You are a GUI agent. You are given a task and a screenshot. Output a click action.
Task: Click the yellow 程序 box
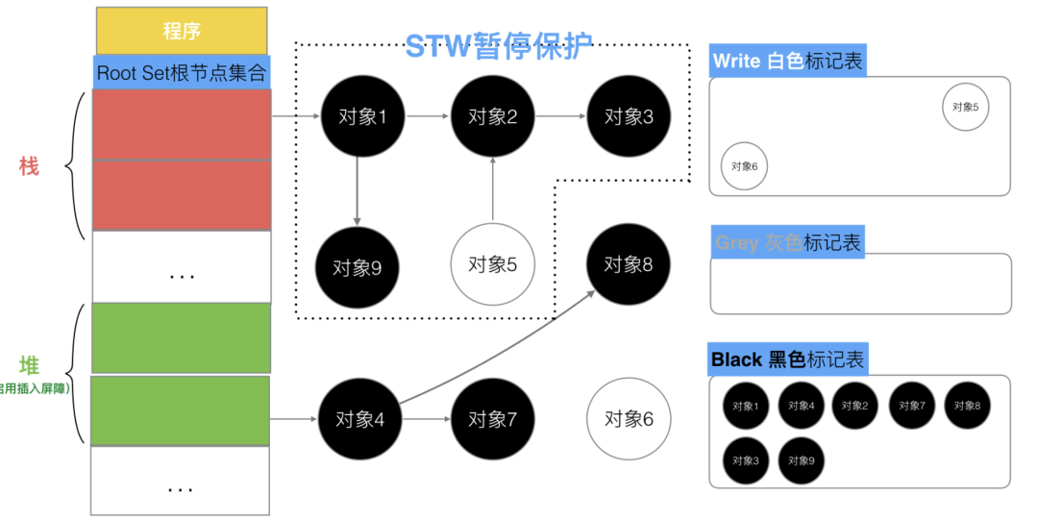(x=182, y=31)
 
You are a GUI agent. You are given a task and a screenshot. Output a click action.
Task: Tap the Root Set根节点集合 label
(x=182, y=73)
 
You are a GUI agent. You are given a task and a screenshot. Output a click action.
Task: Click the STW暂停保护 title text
(x=498, y=45)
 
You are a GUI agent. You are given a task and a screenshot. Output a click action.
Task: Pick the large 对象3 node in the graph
(x=629, y=117)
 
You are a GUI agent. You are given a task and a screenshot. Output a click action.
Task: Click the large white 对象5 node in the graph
(x=492, y=264)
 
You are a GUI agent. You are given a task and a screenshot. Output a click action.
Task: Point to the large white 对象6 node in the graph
(x=629, y=419)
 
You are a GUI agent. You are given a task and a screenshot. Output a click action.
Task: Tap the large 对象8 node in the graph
(x=629, y=264)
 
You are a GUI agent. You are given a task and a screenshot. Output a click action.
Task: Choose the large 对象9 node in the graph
(x=358, y=267)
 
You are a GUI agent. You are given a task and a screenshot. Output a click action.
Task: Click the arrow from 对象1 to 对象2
(x=427, y=117)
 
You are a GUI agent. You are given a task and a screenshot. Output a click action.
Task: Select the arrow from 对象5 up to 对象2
(x=492, y=190)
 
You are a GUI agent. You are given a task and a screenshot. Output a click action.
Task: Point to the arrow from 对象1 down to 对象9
(x=358, y=192)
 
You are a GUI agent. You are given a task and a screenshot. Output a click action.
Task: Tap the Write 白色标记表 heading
(x=787, y=62)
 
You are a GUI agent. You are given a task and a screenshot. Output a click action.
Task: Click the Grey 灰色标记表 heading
(x=787, y=242)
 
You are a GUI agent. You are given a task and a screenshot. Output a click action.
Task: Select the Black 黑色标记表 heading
(x=788, y=360)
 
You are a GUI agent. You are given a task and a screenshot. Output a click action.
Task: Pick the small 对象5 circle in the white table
(x=965, y=107)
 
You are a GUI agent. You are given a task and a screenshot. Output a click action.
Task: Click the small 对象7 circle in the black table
(x=911, y=406)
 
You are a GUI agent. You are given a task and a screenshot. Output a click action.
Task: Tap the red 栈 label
(x=29, y=166)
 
